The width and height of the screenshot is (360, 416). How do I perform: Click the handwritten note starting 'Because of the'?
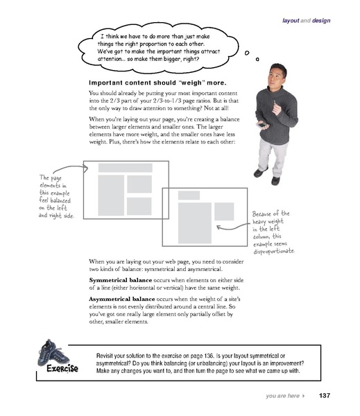(276, 232)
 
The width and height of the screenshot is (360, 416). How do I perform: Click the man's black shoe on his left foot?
(275, 180)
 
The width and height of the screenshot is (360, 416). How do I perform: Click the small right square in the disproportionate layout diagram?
(223, 211)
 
